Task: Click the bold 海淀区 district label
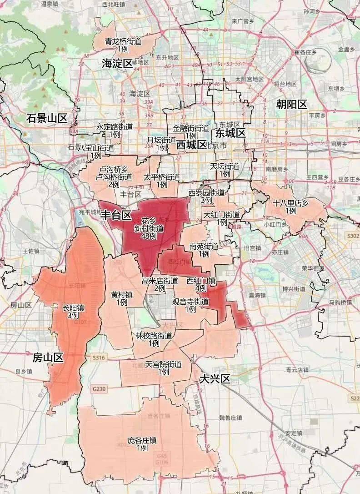(x=117, y=63)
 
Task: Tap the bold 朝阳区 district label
(x=291, y=105)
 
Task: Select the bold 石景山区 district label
(x=46, y=119)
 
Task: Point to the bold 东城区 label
(x=230, y=133)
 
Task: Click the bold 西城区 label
(x=191, y=145)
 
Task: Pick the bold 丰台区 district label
(x=115, y=215)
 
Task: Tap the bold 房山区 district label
(x=48, y=358)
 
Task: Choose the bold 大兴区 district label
(x=215, y=379)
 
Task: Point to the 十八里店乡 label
(x=291, y=203)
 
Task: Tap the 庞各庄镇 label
(x=142, y=440)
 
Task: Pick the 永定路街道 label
(x=115, y=127)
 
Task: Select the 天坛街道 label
(x=224, y=166)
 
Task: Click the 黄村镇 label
(x=121, y=295)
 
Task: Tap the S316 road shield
(x=98, y=358)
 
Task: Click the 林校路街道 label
(x=154, y=336)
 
